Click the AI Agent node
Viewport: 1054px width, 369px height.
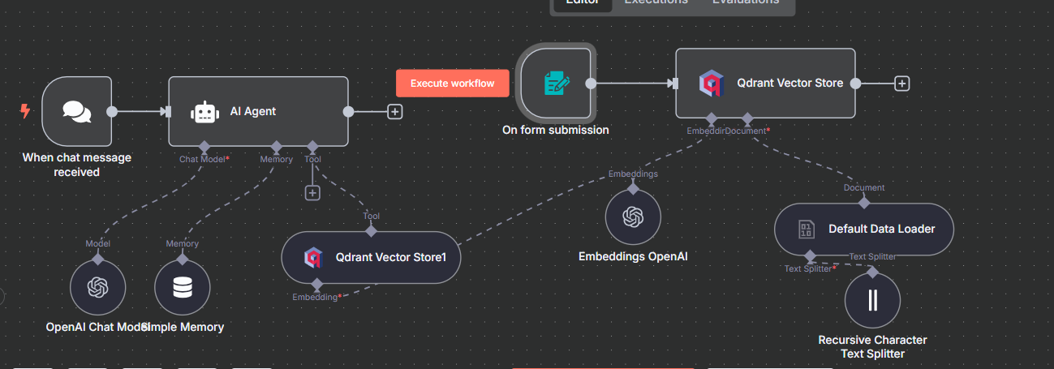258,111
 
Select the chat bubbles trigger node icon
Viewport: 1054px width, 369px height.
77,111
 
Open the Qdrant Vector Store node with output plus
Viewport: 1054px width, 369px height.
765,83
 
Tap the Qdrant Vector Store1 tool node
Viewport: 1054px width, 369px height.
371,258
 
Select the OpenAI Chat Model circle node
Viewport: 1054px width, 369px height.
98,287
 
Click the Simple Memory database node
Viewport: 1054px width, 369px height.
183,287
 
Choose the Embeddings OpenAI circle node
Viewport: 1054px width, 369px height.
633,217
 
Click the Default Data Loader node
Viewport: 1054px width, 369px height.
863,229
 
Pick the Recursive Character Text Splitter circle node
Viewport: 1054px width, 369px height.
872,300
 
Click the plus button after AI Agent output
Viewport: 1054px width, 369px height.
395,112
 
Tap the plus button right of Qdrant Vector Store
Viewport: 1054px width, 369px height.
901,83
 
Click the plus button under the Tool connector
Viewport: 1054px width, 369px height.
312,193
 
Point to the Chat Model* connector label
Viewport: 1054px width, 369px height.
204,160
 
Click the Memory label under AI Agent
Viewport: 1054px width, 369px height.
276,160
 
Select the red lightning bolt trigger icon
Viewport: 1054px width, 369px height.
25,111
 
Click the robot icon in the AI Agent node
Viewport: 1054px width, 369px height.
204,112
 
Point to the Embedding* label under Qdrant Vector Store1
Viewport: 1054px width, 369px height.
316,298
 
